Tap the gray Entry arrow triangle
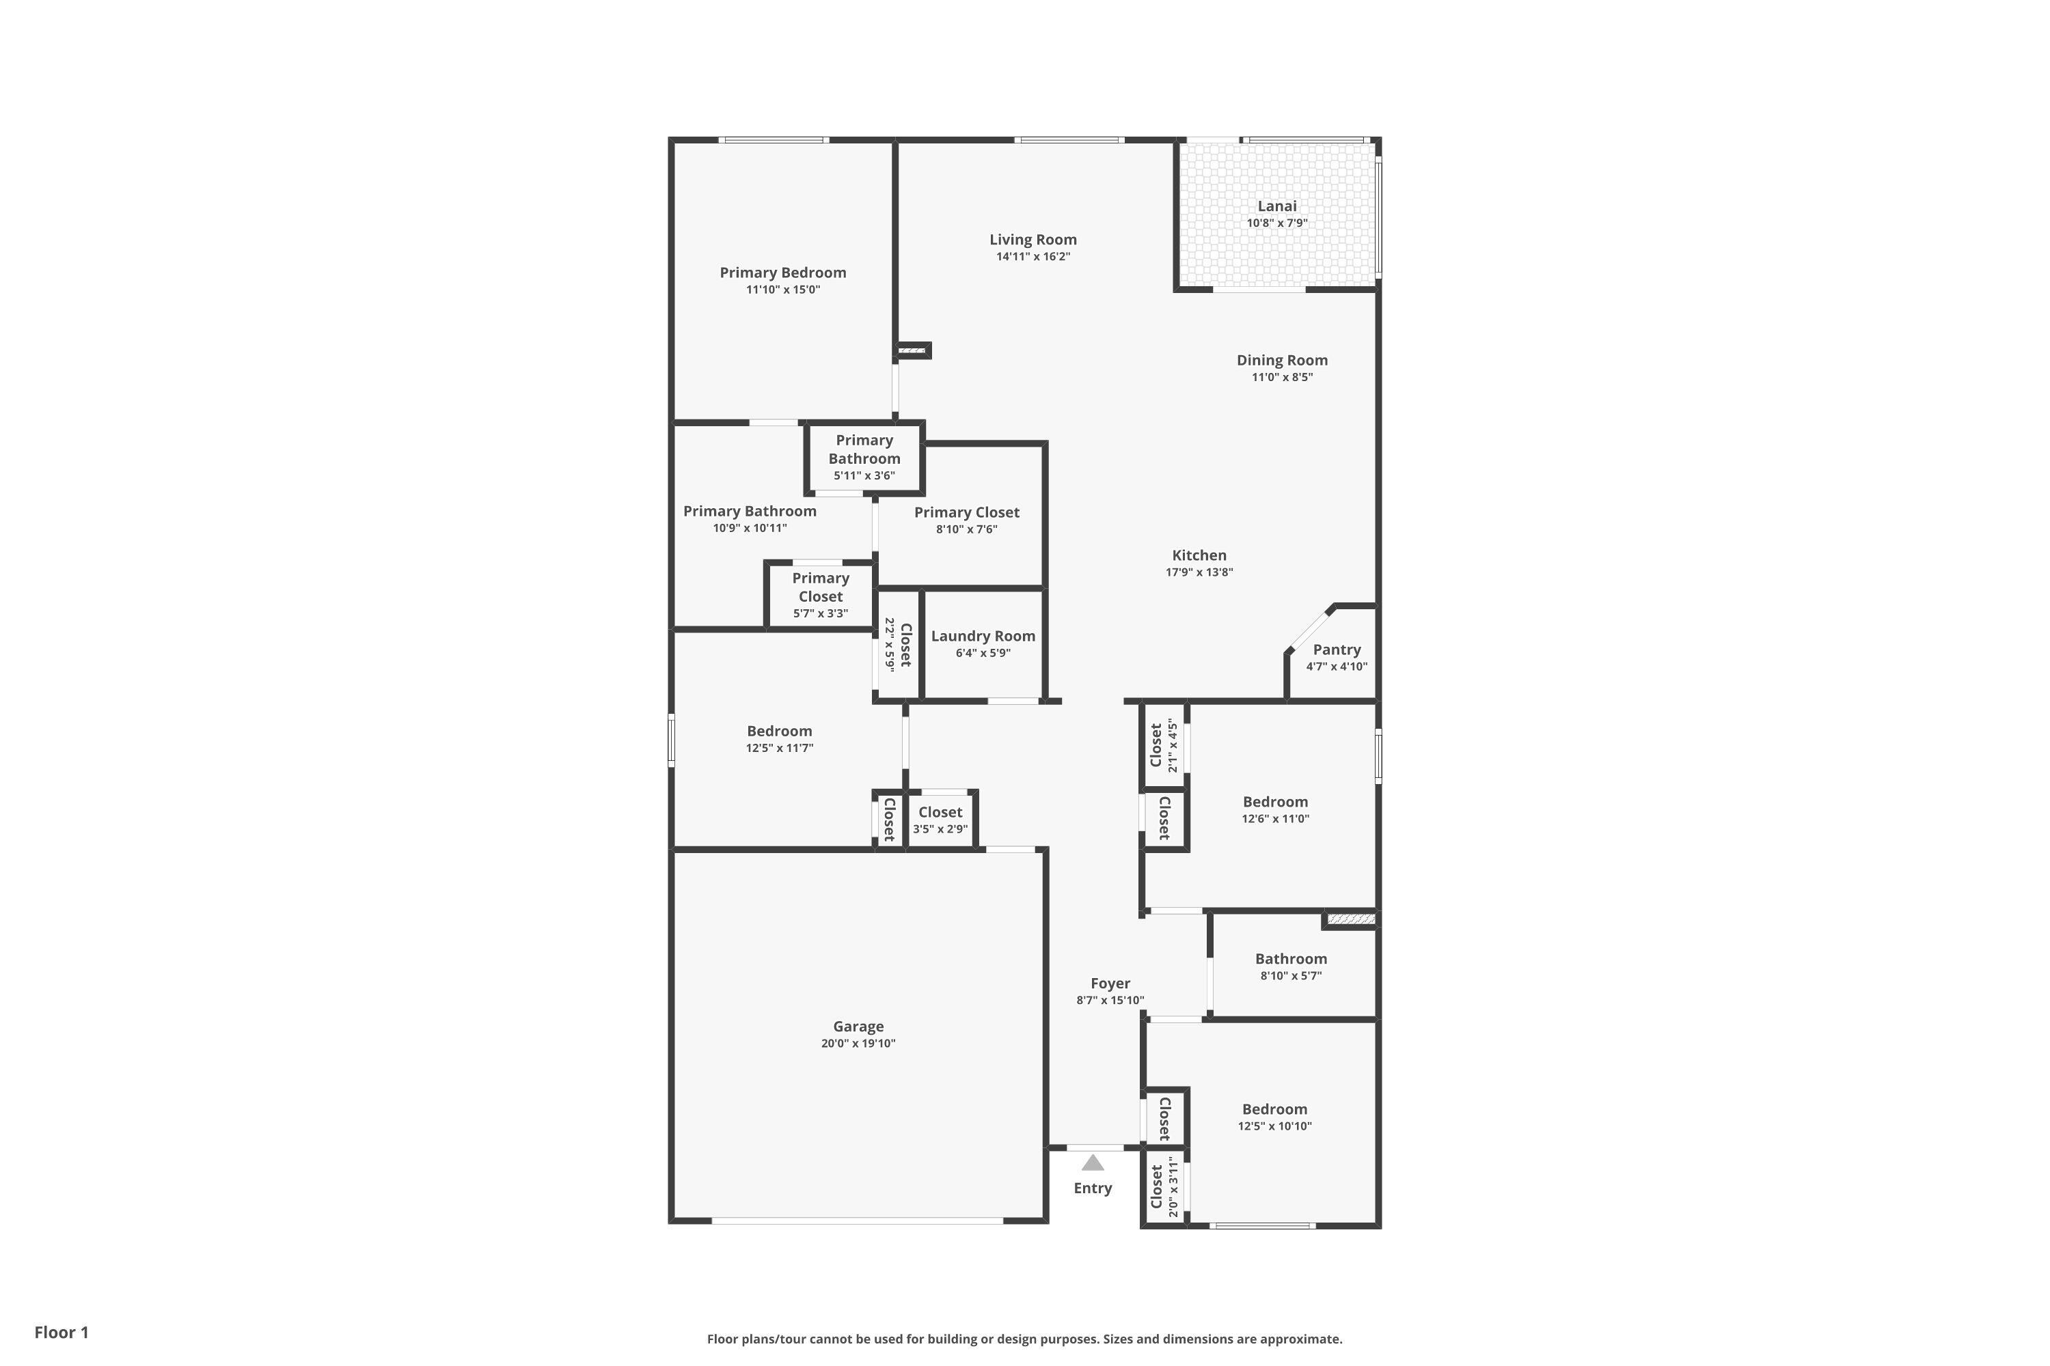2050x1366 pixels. [1092, 1163]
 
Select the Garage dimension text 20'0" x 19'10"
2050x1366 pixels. [858, 1044]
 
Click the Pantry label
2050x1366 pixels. [1336, 650]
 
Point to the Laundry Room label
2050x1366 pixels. [983, 636]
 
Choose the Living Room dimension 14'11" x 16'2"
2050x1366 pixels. [1033, 257]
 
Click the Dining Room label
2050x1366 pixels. [1281, 361]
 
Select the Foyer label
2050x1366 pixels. [1110, 984]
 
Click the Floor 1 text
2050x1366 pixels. [61, 1332]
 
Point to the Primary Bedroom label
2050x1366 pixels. [782, 273]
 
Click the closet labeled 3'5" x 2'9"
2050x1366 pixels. [940, 820]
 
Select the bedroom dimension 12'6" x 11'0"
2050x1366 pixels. [1275, 819]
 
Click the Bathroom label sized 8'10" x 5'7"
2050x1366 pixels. [1291, 959]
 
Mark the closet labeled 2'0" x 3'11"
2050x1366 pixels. [1164, 1188]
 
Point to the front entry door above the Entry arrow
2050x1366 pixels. [1095, 1147]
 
